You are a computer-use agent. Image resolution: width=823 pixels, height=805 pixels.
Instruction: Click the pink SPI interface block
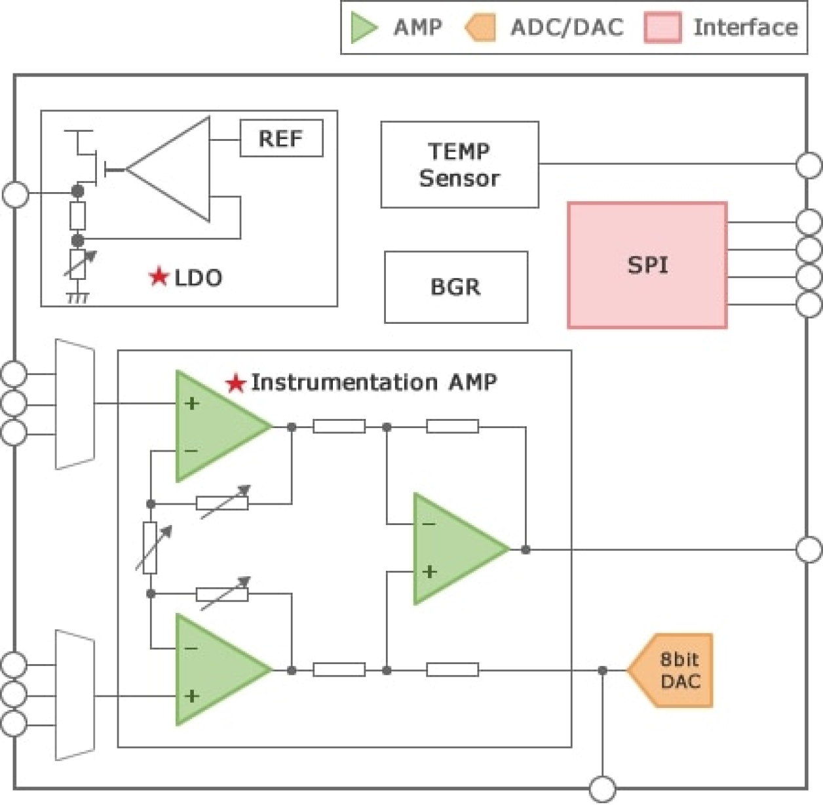(x=647, y=265)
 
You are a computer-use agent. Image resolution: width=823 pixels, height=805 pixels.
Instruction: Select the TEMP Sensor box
(x=459, y=165)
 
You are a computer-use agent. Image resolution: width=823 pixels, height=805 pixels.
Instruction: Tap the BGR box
(x=455, y=287)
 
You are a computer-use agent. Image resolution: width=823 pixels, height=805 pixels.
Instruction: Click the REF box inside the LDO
(x=281, y=138)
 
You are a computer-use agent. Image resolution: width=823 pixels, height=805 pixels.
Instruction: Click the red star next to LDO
(x=159, y=277)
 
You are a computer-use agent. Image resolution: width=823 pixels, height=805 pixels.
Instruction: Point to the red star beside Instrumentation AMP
(x=235, y=383)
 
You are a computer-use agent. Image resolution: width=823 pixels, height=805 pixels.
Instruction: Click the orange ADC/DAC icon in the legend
(x=480, y=28)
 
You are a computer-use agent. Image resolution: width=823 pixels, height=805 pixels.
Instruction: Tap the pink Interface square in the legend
(x=662, y=28)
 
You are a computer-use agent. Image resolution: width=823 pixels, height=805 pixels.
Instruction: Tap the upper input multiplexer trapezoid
(x=75, y=404)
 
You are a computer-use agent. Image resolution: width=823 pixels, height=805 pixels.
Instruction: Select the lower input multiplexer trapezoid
(x=75, y=695)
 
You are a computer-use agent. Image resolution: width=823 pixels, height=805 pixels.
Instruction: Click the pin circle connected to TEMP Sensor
(x=809, y=165)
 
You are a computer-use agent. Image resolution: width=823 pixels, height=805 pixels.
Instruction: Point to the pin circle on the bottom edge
(x=602, y=789)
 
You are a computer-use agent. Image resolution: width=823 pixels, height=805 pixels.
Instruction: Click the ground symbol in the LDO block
(x=77, y=298)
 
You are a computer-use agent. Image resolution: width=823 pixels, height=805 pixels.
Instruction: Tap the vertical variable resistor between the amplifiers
(x=150, y=548)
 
